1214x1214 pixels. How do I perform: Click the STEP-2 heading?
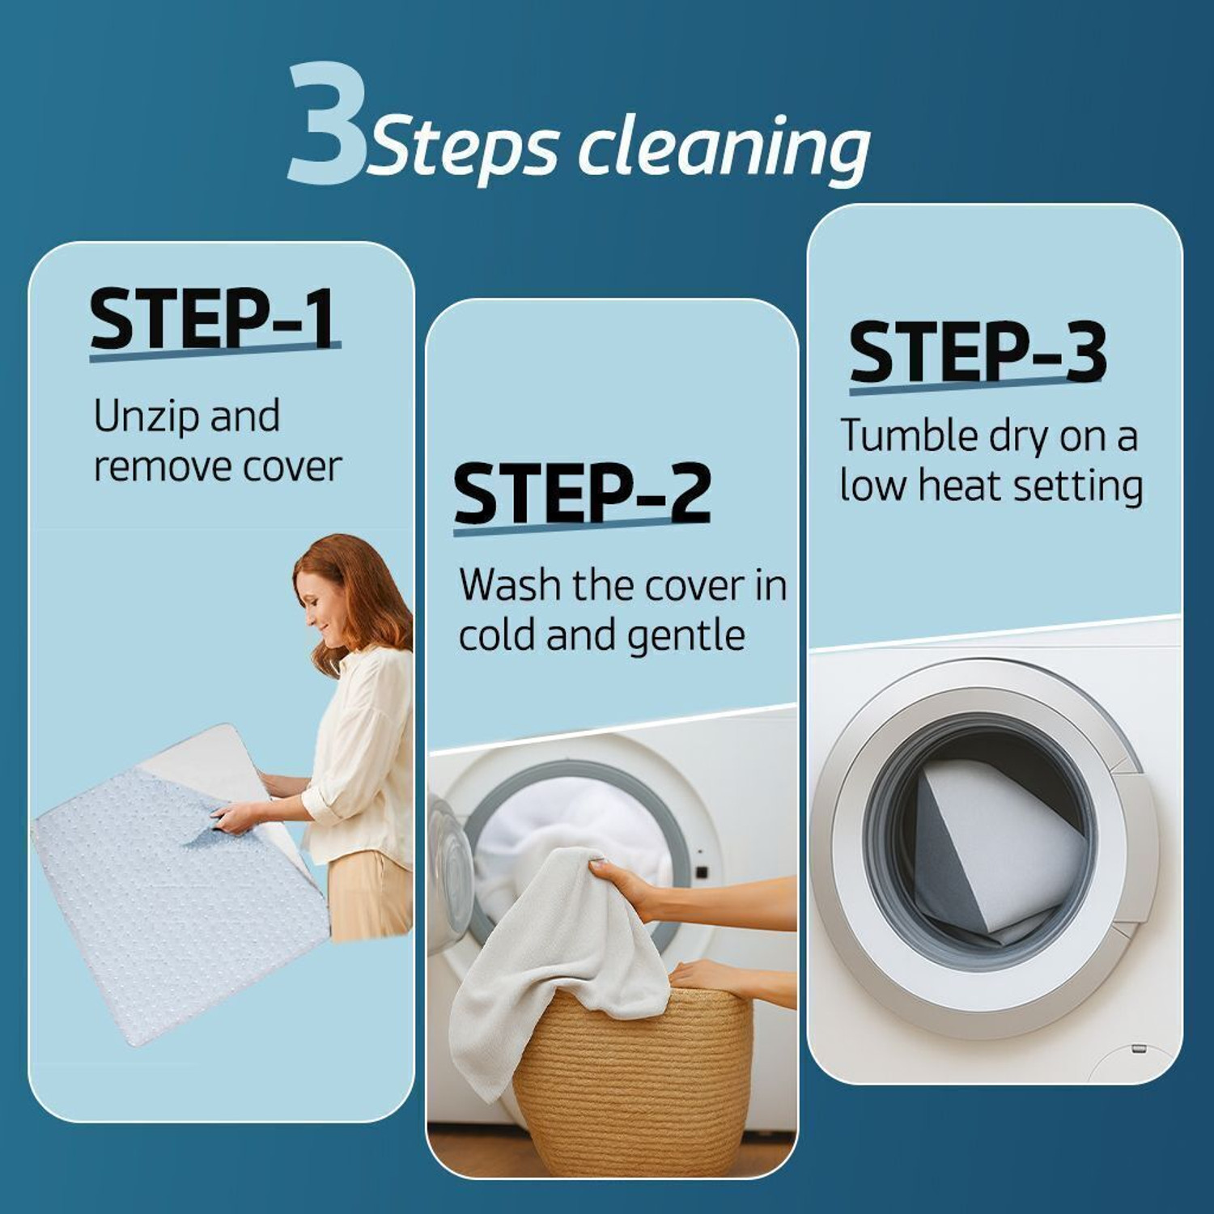point(582,493)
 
